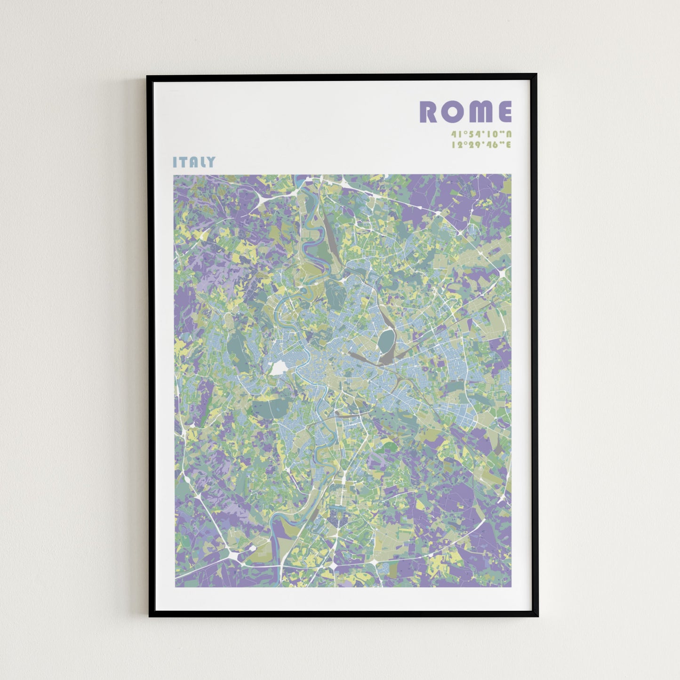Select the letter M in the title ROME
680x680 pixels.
(477, 112)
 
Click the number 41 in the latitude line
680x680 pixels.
(456, 134)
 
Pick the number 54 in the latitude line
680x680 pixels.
(472, 134)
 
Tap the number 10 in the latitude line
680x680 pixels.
(488, 134)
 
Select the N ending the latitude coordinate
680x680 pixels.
(508, 134)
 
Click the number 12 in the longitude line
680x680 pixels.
(456, 145)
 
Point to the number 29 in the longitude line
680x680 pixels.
(472, 145)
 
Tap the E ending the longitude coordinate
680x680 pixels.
(508, 145)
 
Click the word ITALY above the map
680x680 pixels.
(194, 162)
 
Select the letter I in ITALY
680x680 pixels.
(175, 162)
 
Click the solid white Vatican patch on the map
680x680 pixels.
(278, 368)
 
